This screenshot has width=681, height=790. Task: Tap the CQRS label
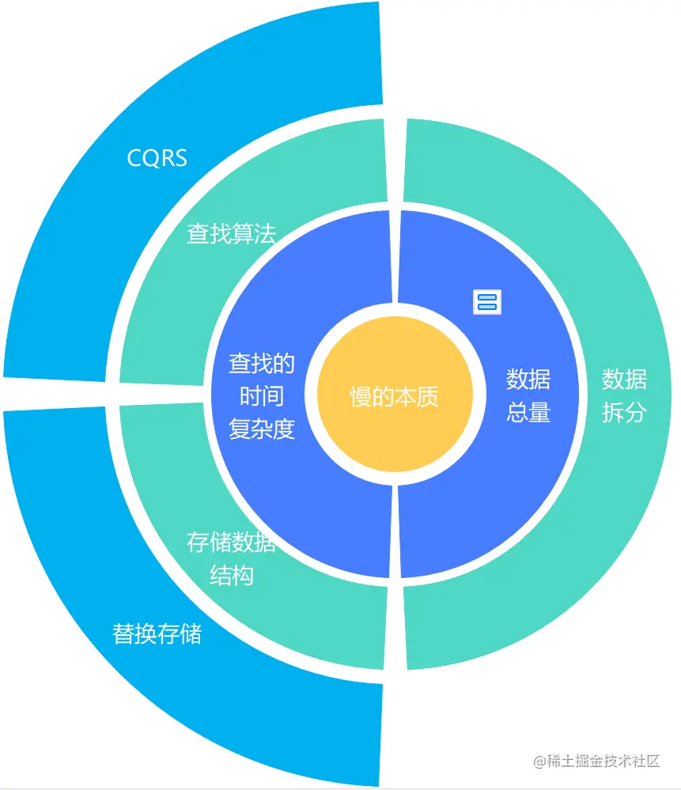click(x=157, y=158)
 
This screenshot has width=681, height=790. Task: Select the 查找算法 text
click(x=231, y=234)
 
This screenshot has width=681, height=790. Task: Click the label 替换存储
click(x=157, y=633)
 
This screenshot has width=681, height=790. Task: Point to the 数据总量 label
click(x=528, y=395)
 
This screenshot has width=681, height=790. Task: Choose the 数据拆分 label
click(x=624, y=395)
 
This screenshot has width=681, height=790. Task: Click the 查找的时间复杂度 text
click(x=262, y=396)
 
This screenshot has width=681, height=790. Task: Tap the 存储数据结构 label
click(x=231, y=558)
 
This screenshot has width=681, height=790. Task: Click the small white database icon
click(x=487, y=301)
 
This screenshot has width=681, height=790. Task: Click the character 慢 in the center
click(x=361, y=397)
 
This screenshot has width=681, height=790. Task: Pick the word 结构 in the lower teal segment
click(x=231, y=576)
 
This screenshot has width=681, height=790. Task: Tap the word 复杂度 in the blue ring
click(x=262, y=429)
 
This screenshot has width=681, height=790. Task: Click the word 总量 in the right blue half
click(x=528, y=412)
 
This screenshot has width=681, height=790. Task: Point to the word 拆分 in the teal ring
click(x=624, y=412)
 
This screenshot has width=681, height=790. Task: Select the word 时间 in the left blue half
click(x=262, y=396)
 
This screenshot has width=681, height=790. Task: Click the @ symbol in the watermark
click(x=540, y=762)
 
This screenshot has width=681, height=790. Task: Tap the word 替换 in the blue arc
click(x=134, y=633)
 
